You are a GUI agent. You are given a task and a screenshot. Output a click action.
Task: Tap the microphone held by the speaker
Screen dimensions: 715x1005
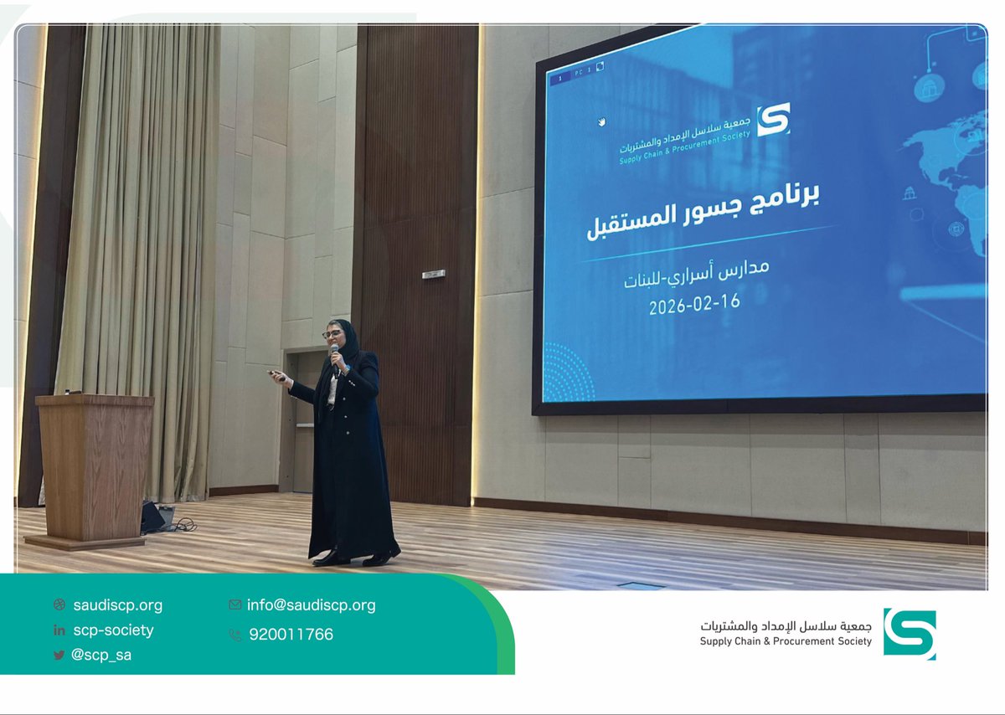tap(335, 355)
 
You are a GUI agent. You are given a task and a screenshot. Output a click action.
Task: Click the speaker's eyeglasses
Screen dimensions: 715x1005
tap(332, 334)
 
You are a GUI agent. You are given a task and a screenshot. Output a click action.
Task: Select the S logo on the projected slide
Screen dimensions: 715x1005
tap(773, 120)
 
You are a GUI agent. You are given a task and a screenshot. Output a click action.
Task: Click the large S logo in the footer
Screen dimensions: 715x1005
tap(909, 634)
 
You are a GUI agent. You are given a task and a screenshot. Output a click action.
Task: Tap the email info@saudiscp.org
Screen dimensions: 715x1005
tap(311, 605)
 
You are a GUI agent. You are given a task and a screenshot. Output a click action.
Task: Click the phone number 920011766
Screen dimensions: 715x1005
tap(291, 635)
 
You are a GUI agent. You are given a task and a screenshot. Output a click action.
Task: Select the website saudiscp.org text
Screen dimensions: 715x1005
tap(117, 605)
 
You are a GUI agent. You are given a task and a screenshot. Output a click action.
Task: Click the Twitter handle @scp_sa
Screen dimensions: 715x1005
tap(101, 656)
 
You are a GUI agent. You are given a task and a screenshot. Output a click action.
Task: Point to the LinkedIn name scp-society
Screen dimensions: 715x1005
tap(113, 630)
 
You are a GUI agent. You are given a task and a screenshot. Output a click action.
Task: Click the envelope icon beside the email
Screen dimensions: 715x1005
tap(234, 604)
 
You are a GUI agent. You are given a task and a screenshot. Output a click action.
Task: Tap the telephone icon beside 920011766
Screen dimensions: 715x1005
tap(234, 635)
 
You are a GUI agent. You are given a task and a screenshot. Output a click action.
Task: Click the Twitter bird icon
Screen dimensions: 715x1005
tap(59, 656)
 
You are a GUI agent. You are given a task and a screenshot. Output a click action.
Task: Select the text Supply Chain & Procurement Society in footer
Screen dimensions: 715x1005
tap(786, 642)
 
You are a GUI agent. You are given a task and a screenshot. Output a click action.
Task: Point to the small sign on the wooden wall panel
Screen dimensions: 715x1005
tap(433, 274)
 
